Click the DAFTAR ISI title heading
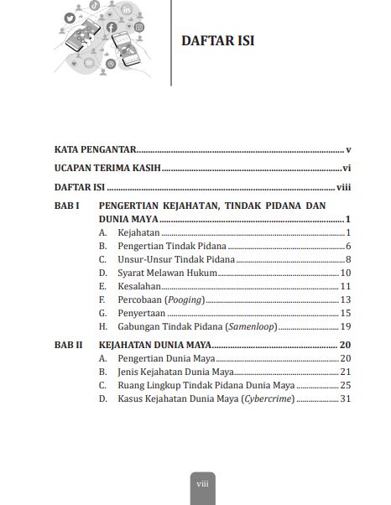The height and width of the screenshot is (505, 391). tap(218, 41)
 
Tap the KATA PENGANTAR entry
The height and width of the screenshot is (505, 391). tap(96, 149)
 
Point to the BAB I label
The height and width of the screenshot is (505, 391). tap(66, 206)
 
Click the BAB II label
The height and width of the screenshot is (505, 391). tap(68, 345)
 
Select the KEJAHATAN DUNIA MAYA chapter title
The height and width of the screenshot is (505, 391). tap(155, 345)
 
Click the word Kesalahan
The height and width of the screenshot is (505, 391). tap(139, 286)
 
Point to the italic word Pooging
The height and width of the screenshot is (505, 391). tap(185, 299)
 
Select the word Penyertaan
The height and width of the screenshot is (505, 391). tap(141, 313)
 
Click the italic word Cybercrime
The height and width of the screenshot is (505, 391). tap(268, 398)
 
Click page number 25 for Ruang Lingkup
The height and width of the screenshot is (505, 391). tap(345, 385)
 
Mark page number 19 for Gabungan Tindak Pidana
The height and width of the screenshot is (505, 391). tap(345, 326)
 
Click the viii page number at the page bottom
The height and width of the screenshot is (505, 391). tap(201, 484)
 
